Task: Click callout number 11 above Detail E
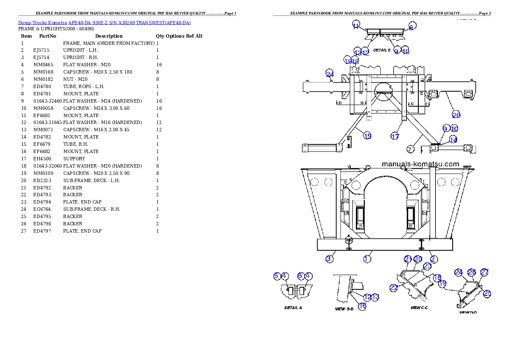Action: (356, 26)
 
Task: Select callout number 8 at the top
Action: (411, 27)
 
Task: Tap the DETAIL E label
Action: (382, 50)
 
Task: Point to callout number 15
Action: (367, 136)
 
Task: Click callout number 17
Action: (395, 136)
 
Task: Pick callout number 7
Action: (410, 149)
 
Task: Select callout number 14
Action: (453, 140)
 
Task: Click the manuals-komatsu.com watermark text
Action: (420, 164)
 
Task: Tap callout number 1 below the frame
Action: (367, 259)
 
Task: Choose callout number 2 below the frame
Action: (433, 259)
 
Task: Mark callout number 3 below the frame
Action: (329, 259)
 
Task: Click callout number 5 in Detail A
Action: (277, 276)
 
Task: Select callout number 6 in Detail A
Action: (300, 276)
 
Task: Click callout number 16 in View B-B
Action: (362, 306)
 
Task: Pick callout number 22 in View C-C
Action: (394, 288)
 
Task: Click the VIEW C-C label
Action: (419, 308)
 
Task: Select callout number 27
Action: (484, 272)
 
